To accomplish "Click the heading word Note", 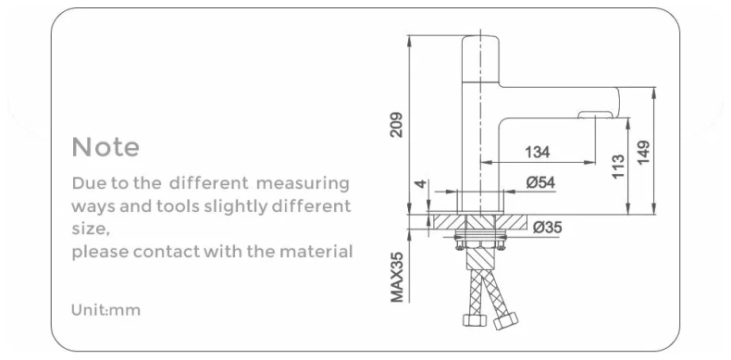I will [105, 147].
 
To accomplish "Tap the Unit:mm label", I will [105, 310].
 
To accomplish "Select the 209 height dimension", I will [396, 124].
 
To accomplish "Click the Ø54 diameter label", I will [540, 183].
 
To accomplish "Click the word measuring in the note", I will [303, 181].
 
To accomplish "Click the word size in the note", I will [90, 229].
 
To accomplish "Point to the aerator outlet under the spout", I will [594, 116].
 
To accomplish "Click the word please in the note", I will [96, 252].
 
